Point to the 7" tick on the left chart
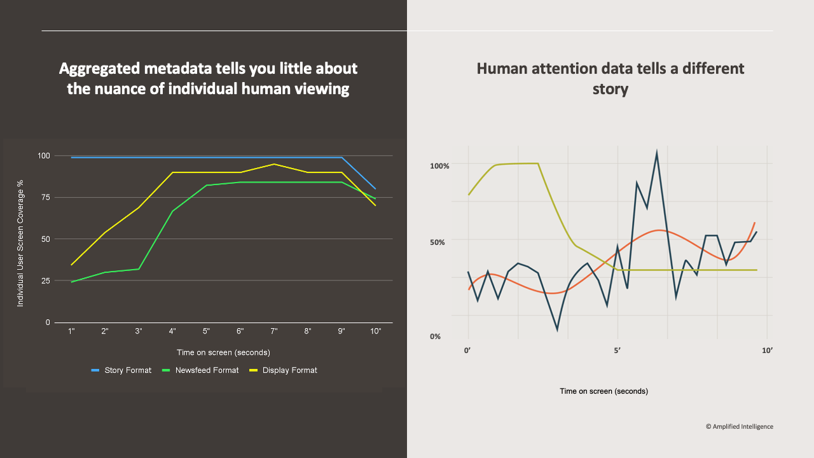pos(274,331)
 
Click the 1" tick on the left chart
pos(71,331)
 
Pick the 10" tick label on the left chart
pos(375,331)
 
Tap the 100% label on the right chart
pos(439,166)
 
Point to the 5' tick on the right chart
pos(617,350)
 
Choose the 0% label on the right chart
pos(435,337)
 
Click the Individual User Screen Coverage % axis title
pos(20,244)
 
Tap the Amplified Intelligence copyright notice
pos(739,427)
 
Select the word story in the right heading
pos(610,88)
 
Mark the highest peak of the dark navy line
pos(656,152)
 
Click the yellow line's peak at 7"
pos(274,164)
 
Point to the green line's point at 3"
pos(139,269)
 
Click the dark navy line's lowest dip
pos(558,330)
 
